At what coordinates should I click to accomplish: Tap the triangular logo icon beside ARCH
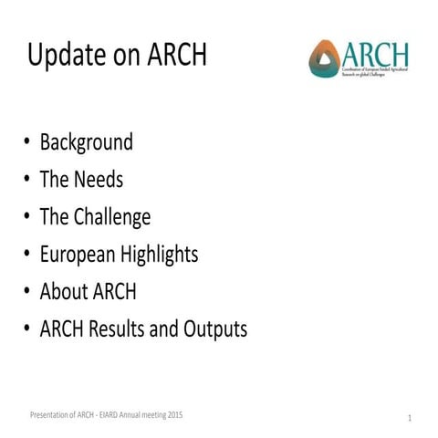[323, 59]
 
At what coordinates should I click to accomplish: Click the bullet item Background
[86, 142]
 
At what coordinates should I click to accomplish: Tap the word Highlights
[164, 255]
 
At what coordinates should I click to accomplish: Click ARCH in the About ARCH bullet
[113, 292]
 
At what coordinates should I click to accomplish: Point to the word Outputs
[214, 328]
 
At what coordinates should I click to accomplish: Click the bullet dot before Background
[27, 143]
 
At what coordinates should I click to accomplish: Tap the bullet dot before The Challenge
[27, 218]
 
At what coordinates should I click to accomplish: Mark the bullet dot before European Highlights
[27, 255]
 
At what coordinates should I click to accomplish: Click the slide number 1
[411, 418]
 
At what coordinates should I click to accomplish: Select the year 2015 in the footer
[174, 414]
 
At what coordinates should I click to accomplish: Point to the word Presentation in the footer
[46, 414]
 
